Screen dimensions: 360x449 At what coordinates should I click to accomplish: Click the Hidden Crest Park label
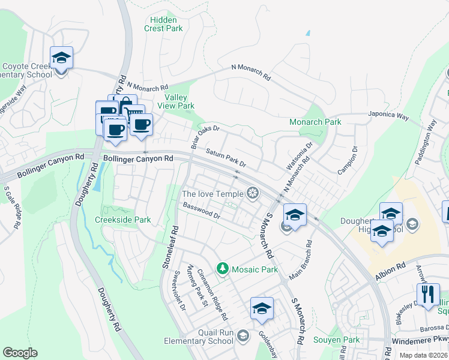(164, 24)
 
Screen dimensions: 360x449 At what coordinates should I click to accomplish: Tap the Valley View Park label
(179, 102)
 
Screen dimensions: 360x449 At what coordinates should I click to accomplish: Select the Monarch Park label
(315, 122)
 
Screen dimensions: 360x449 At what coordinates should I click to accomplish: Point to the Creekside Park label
(123, 220)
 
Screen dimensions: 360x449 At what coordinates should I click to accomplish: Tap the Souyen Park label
(336, 340)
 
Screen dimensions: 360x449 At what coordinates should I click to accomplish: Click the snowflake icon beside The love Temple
(253, 193)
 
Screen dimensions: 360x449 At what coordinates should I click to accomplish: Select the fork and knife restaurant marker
(427, 294)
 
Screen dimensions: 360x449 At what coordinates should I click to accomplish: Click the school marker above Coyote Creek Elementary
(61, 58)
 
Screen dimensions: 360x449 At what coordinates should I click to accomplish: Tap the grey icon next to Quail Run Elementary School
(243, 335)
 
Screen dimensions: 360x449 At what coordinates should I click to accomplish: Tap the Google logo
(20, 352)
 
